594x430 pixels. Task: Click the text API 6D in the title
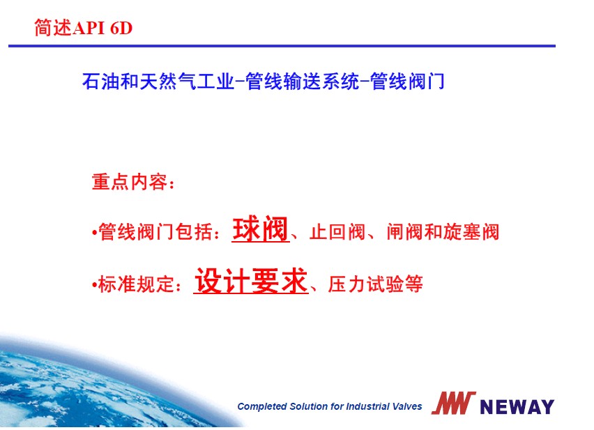coord(102,28)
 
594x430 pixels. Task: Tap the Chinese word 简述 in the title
coord(53,28)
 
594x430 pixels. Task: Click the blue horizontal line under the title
coord(282,46)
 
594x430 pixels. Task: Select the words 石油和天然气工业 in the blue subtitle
coord(158,81)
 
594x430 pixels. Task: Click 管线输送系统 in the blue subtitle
coord(303,81)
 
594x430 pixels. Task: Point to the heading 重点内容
coord(130,182)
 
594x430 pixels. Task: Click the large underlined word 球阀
coord(260,229)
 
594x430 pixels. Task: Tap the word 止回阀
coord(337,231)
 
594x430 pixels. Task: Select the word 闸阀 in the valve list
coord(404,231)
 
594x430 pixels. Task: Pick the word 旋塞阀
coord(471,231)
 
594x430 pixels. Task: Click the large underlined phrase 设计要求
coord(250,281)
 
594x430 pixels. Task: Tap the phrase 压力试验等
coord(375,284)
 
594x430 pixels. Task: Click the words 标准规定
coord(136,284)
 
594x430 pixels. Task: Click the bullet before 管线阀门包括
coord(94,232)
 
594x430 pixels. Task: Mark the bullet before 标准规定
coord(94,284)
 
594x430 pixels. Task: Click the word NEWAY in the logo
coord(517,407)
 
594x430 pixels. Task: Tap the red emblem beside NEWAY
coord(453,403)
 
